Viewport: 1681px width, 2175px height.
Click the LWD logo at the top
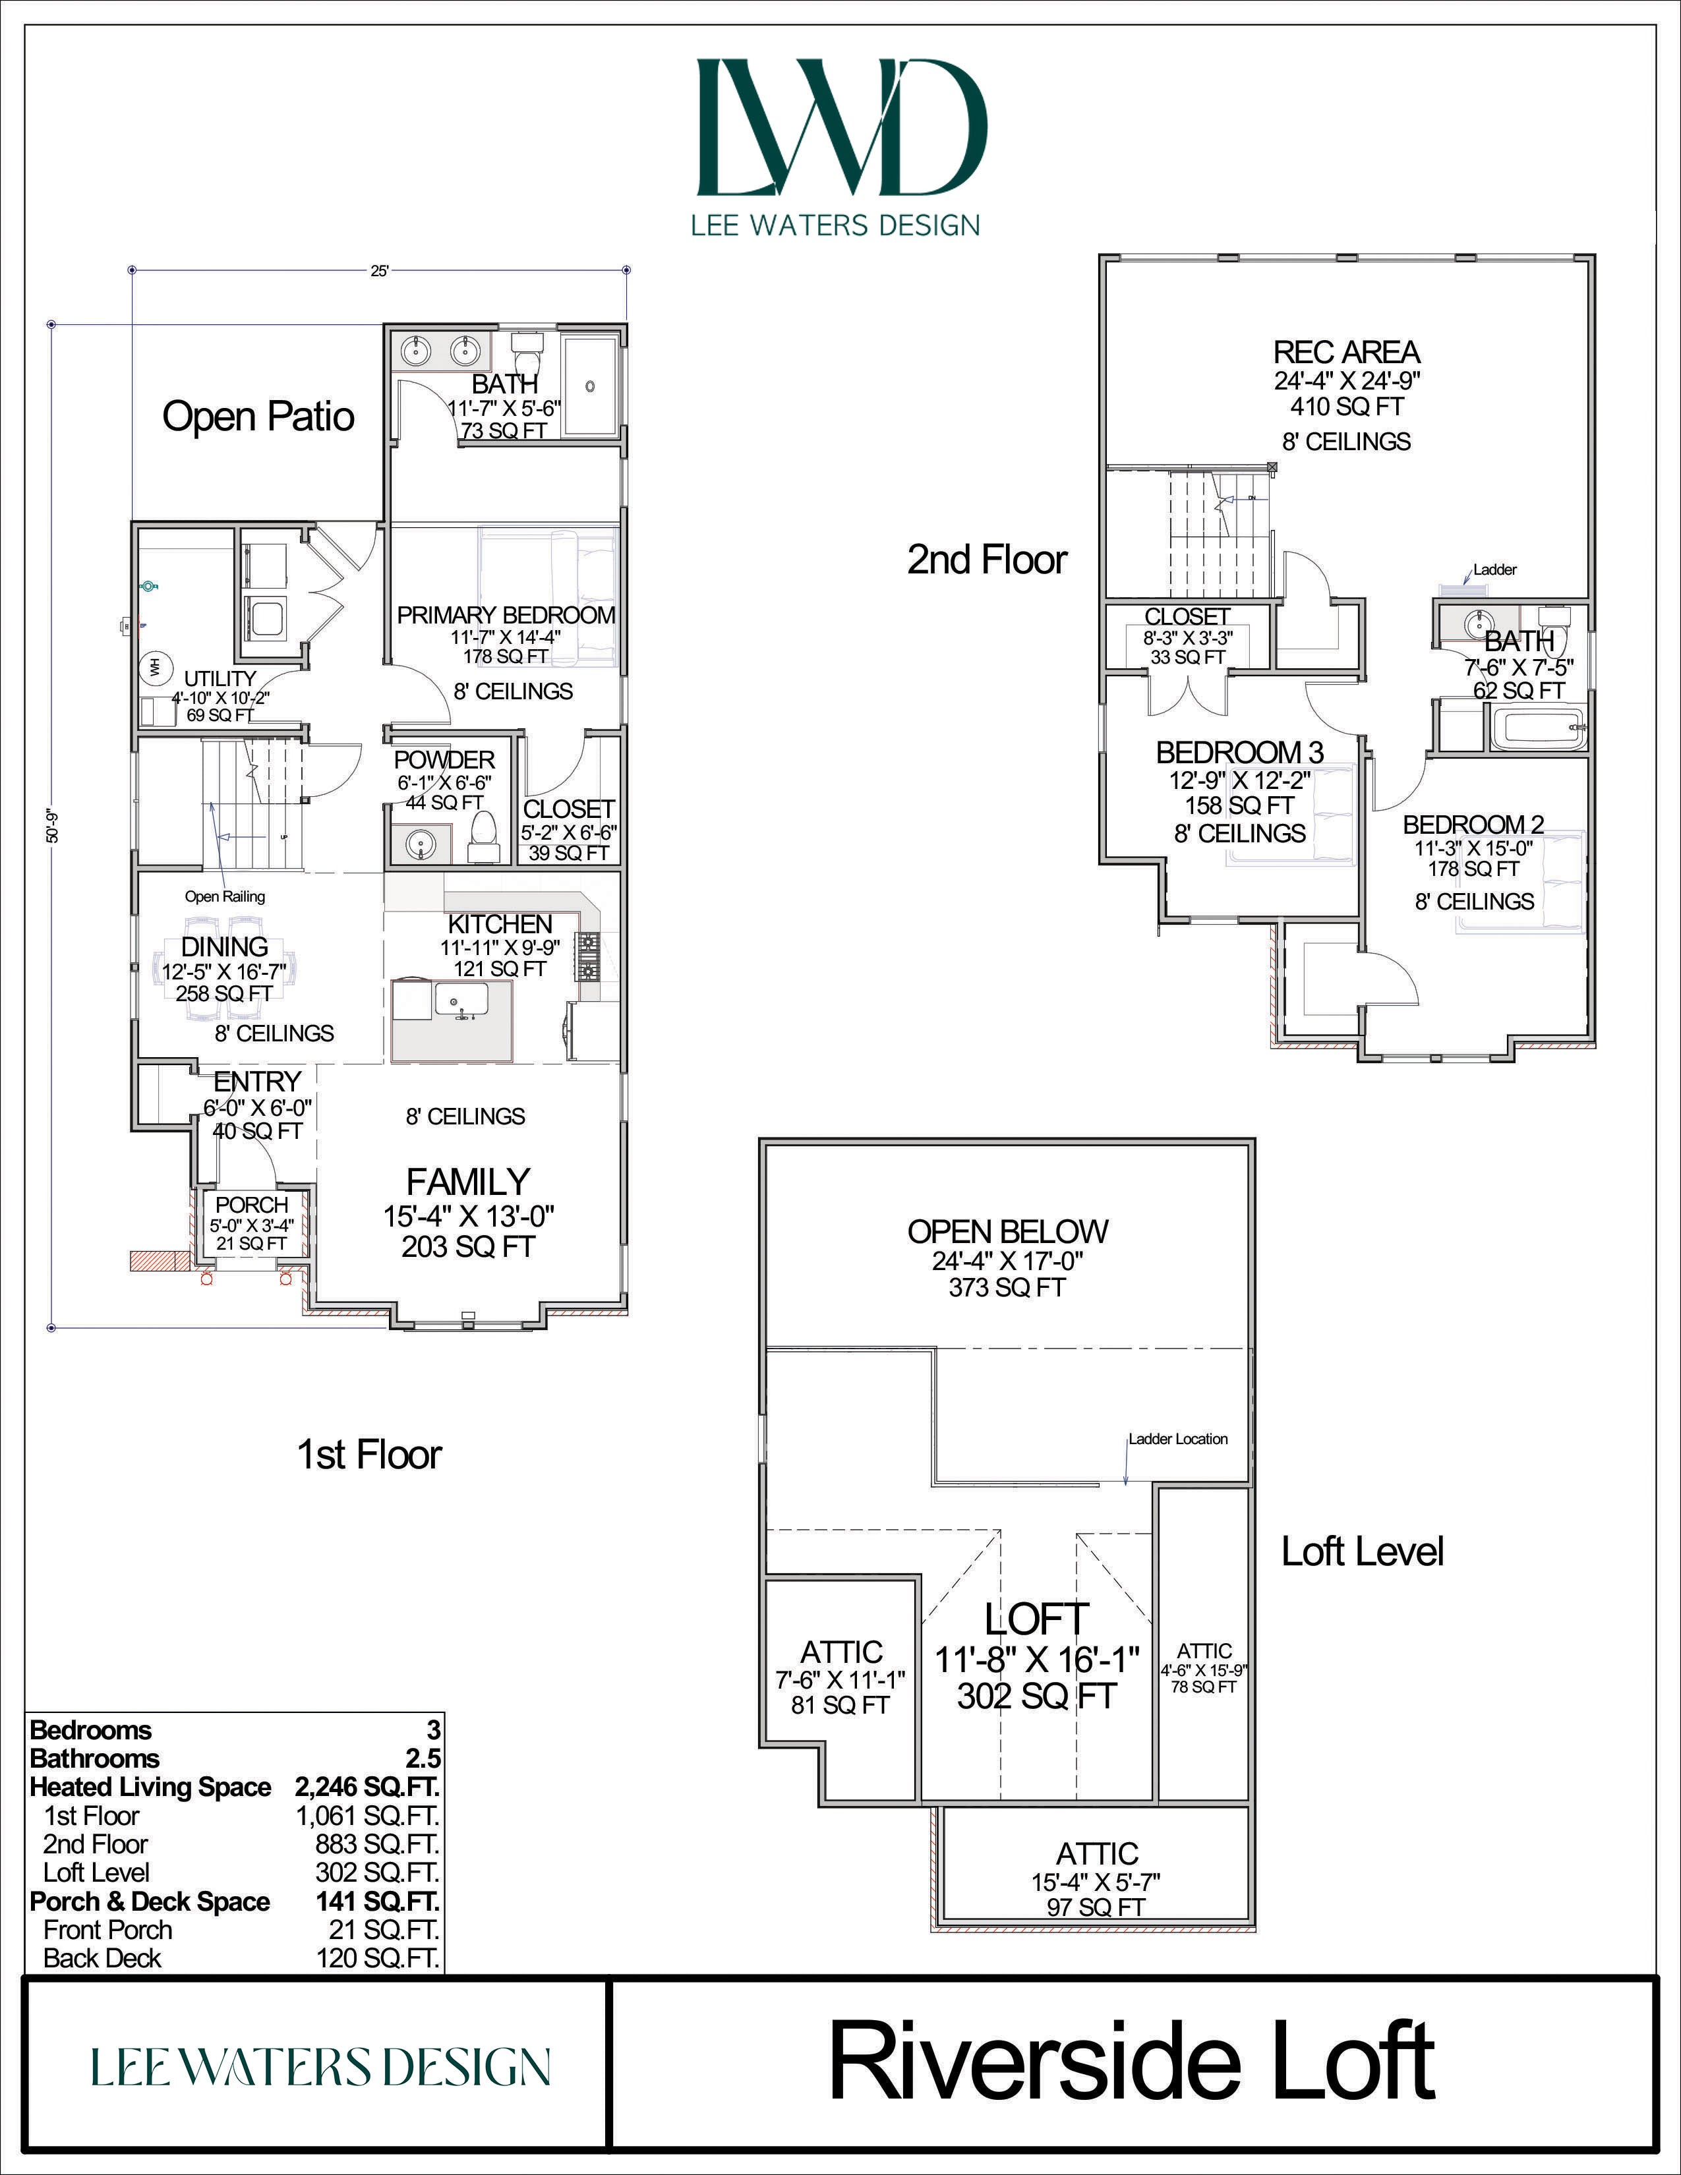point(842,127)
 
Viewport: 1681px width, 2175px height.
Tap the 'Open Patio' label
point(258,417)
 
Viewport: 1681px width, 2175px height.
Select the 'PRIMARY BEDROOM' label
point(506,616)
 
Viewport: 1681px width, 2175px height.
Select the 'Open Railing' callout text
point(225,896)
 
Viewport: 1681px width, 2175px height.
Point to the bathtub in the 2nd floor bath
point(1537,728)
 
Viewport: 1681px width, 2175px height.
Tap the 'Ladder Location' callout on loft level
point(1178,1439)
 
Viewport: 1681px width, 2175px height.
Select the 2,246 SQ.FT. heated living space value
point(367,1787)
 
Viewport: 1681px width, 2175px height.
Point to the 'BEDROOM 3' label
point(1240,752)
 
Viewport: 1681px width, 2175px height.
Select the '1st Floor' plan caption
point(369,1455)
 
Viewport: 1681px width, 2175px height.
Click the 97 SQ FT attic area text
point(1096,1907)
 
